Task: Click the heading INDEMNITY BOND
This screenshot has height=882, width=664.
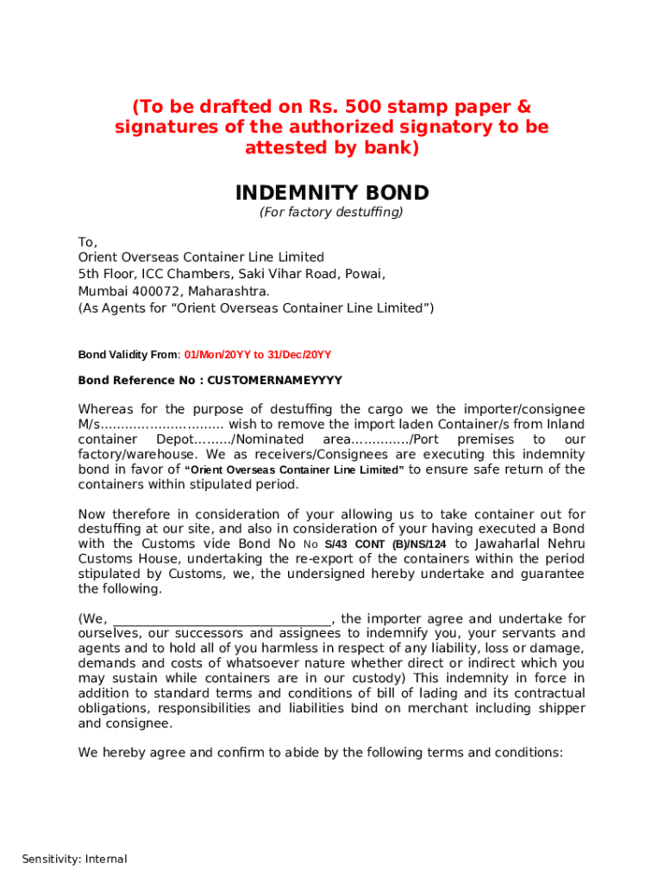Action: (332, 192)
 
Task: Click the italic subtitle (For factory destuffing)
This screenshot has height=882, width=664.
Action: (332, 212)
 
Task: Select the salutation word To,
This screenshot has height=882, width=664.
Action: (88, 242)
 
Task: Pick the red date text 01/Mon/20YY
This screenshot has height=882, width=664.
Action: (216, 355)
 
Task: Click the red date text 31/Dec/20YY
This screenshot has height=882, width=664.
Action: (299, 355)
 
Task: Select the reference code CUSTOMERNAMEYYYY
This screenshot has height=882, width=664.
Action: (275, 380)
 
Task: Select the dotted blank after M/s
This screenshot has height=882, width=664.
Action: (163, 425)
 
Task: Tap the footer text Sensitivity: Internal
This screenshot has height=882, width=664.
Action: (74, 859)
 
